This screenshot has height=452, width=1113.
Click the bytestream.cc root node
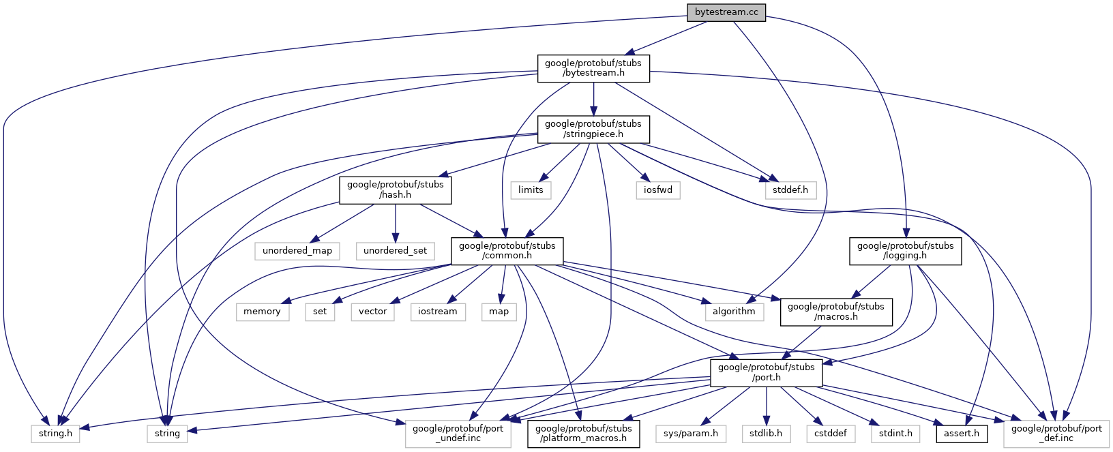click(726, 12)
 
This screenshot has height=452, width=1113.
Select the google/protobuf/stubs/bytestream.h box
click(593, 68)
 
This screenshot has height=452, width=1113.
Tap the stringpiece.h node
click(593, 129)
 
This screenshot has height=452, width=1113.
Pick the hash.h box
click(396, 190)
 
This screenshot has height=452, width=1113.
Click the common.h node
click(507, 251)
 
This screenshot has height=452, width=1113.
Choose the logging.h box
click(905, 251)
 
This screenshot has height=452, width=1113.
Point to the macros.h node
click(835, 312)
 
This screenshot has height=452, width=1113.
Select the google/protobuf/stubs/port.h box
click(766, 372)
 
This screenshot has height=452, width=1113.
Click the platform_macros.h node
click(582, 433)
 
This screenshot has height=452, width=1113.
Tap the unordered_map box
click(297, 251)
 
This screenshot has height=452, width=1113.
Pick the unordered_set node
click(395, 251)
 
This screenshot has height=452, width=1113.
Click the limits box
click(531, 190)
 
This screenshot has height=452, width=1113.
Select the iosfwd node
click(658, 190)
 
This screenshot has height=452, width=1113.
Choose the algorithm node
click(734, 312)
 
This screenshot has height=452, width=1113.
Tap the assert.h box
click(962, 433)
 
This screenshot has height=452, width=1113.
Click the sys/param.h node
click(692, 433)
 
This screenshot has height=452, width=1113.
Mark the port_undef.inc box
click(458, 433)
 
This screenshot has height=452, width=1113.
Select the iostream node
click(438, 312)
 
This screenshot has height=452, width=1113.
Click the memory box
click(262, 312)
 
